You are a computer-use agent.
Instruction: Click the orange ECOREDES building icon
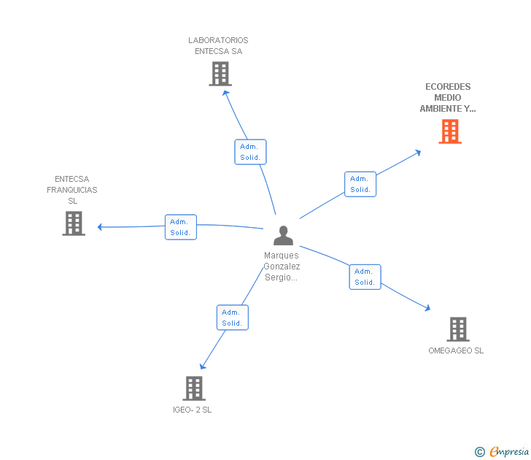pyautogui.click(x=449, y=131)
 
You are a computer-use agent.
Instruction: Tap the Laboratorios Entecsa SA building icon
pyautogui.click(x=220, y=74)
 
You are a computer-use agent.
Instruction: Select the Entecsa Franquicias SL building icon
pyautogui.click(x=74, y=223)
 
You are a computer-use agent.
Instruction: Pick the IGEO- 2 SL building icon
pyautogui.click(x=193, y=388)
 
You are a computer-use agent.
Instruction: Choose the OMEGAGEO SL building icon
pyautogui.click(x=457, y=329)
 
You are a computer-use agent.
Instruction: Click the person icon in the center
pyautogui.click(x=283, y=235)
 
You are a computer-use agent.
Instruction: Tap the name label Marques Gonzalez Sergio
pyautogui.click(x=282, y=267)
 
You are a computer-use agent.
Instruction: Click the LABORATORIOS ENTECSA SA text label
pyautogui.click(x=218, y=46)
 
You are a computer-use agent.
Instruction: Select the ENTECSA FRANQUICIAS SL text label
pyautogui.click(x=72, y=190)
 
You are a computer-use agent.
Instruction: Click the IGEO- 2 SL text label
pyautogui.click(x=193, y=410)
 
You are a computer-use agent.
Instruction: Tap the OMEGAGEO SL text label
pyautogui.click(x=456, y=350)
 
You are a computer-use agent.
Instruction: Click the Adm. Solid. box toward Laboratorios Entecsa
pyautogui.click(x=250, y=152)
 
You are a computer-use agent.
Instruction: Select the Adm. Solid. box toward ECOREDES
pyautogui.click(x=360, y=184)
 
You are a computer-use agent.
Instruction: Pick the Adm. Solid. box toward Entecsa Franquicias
pyautogui.click(x=180, y=227)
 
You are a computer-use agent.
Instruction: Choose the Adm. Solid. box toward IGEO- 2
pyautogui.click(x=232, y=318)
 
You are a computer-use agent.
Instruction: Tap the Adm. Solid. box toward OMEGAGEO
pyautogui.click(x=365, y=277)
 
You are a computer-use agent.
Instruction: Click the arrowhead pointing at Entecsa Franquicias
pyautogui.click(x=101, y=227)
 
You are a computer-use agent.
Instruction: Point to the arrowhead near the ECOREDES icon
pyautogui.click(x=418, y=152)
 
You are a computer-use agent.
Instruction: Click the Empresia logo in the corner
pyautogui.click(x=503, y=452)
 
